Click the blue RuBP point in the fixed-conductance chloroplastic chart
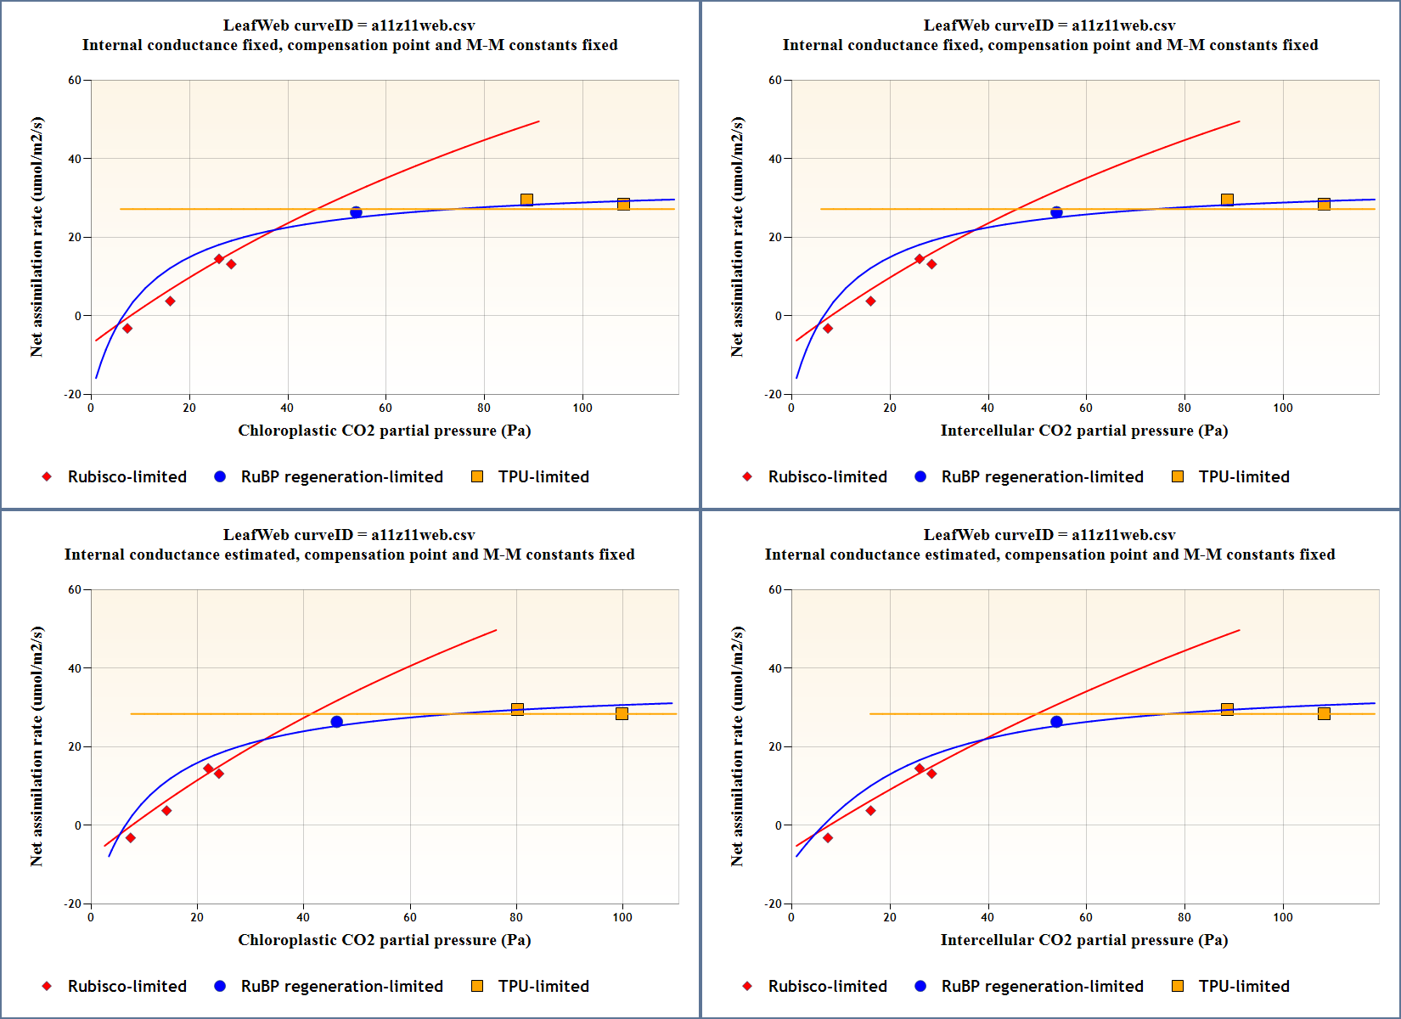coord(356,212)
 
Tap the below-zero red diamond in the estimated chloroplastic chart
coord(130,838)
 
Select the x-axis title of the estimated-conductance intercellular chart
coord(1083,940)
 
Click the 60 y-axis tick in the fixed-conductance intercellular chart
coord(775,81)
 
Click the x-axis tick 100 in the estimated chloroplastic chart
coord(622,917)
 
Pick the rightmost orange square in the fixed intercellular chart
coord(1324,204)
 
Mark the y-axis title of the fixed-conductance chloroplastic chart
coord(37,237)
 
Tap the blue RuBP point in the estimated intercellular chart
coord(1056,722)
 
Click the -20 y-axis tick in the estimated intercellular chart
coord(773,904)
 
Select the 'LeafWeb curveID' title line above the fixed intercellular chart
coord(1049,25)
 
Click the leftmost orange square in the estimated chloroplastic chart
coord(517,709)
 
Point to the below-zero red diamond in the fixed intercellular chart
coord(828,329)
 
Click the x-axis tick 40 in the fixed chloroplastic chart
coord(287,408)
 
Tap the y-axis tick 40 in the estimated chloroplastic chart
coord(75,668)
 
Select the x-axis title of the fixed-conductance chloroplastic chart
coord(384,431)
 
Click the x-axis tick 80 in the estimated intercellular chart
coord(1184,917)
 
